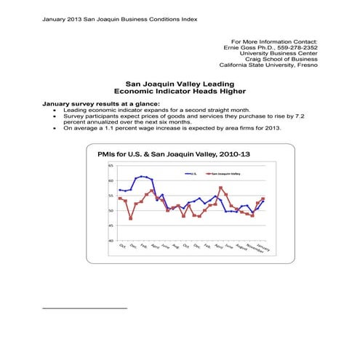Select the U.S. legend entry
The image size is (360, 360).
click(195, 174)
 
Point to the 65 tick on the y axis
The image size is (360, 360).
click(110, 166)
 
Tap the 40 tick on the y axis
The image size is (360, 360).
click(110, 240)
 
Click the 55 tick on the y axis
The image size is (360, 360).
click(110, 196)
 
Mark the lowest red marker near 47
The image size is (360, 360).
click(131, 218)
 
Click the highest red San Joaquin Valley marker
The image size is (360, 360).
click(220, 188)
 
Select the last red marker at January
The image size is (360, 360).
click(263, 199)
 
